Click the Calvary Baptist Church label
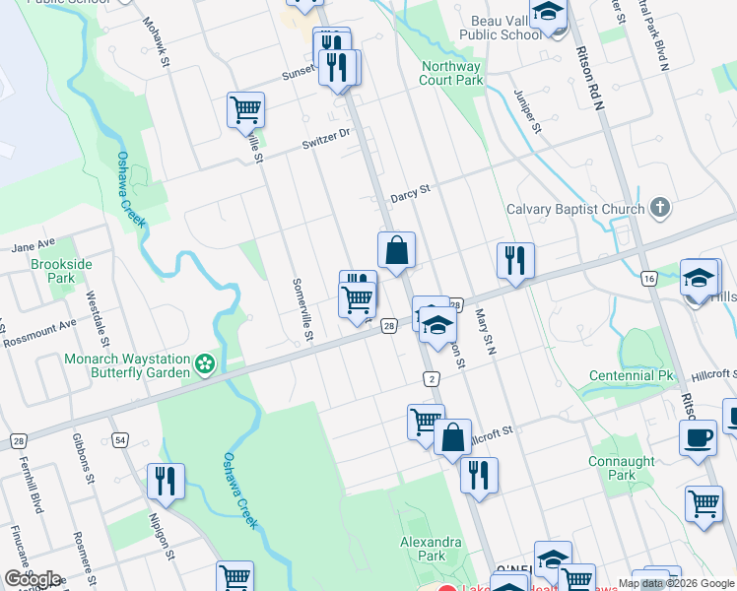point(575,209)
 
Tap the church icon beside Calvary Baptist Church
point(660,208)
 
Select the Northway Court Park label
point(452,73)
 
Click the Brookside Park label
point(60,271)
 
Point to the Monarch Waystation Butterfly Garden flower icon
point(205,365)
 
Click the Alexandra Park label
point(431,549)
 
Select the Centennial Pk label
point(631,376)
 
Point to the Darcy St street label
point(410,190)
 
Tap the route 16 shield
point(648,279)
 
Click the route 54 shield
point(120,439)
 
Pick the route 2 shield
point(432,379)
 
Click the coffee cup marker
point(698,438)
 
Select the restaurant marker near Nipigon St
point(165,482)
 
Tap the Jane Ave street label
point(33,242)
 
